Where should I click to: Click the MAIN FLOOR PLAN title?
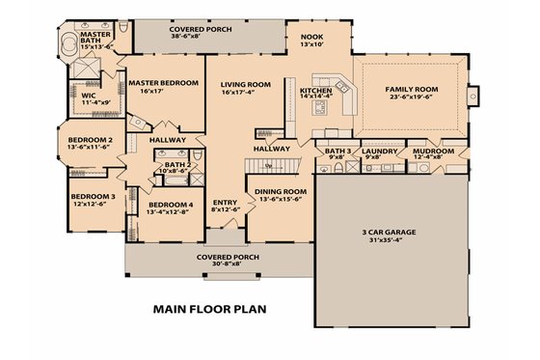[x=209, y=310]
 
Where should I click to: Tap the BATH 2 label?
[x=176, y=165]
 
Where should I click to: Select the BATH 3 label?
[x=337, y=152]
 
